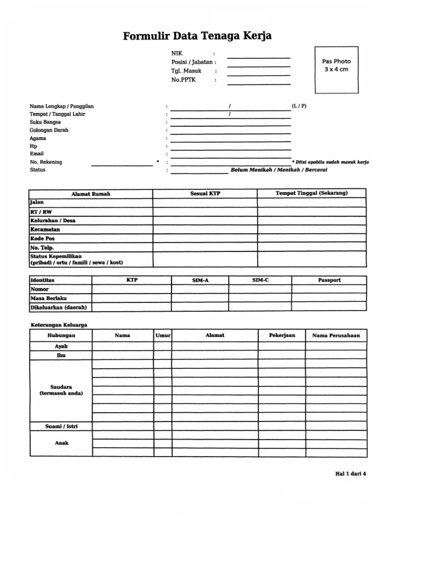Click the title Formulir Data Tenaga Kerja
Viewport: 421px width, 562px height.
(x=197, y=36)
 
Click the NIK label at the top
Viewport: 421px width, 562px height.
(x=176, y=53)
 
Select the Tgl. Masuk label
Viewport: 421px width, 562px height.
(x=186, y=71)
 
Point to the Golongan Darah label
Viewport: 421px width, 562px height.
(x=49, y=130)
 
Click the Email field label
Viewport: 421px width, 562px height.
(x=36, y=154)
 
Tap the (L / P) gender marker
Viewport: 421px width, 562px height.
(x=299, y=105)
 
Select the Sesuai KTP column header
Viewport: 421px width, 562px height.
(x=205, y=194)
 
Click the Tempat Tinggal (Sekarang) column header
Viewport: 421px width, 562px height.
(x=311, y=193)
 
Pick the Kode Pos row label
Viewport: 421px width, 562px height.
(x=42, y=239)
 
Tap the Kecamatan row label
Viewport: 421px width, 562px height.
(x=45, y=229)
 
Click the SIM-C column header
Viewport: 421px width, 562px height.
(x=260, y=280)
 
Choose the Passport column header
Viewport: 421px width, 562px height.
(x=329, y=280)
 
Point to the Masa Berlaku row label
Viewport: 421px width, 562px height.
(x=49, y=298)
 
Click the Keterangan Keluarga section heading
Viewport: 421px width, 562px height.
(x=58, y=325)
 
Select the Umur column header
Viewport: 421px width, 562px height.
(x=163, y=335)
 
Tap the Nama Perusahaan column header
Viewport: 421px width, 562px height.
(x=336, y=335)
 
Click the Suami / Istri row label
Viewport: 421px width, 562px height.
(x=61, y=426)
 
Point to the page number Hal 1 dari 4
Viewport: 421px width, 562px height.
(x=350, y=474)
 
